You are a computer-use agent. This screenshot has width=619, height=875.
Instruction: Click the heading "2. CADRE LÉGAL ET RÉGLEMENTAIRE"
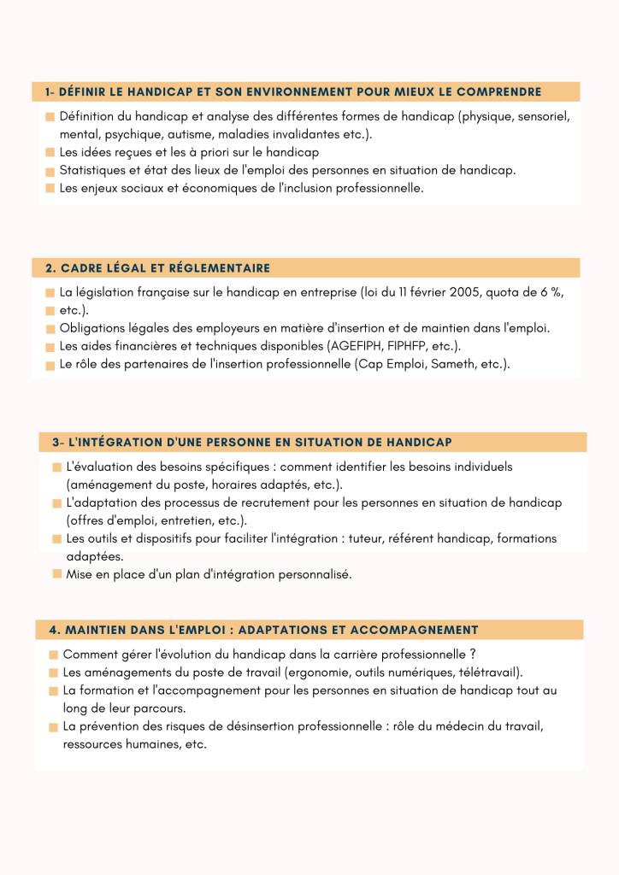pos(157,268)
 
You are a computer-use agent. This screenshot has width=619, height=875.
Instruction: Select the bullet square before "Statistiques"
pos(50,171)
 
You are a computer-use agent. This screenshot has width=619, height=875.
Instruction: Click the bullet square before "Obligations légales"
pos(50,329)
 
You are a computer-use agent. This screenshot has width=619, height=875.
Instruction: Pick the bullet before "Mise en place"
pos(56,575)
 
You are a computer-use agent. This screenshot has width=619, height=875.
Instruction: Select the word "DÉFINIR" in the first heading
pos(85,91)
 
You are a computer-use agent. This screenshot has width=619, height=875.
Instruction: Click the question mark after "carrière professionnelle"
pos(472,655)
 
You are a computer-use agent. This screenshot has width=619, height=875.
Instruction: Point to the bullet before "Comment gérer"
pos(54,655)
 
